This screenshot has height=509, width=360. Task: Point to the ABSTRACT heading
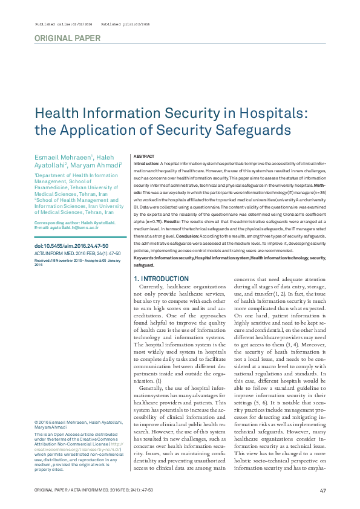click(x=143, y=156)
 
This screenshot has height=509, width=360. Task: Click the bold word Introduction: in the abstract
click(x=146, y=164)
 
